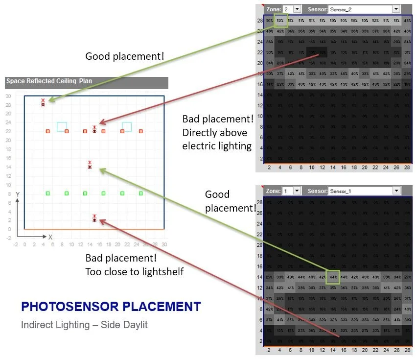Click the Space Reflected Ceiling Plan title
click(x=49, y=81)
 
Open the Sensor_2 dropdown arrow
click(x=395, y=9)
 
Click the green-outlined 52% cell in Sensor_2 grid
click(x=280, y=20)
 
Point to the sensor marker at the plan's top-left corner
click(x=43, y=102)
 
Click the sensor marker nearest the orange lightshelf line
click(x=94, y=218)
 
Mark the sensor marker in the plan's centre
click(x=90, y=165)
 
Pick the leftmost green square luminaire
click(x=47, y=193)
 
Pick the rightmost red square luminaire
click(x=140, y=131)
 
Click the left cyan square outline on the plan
click(x=62, y=126)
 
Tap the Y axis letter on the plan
click(x=18, y=194)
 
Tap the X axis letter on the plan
click(x=50, y=237)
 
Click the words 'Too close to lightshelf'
click(x=135, y=271)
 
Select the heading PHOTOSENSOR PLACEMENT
click(x=111, y=307)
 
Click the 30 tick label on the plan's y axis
click(x=8, y=96)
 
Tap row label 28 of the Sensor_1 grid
click(x=259, y=202)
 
